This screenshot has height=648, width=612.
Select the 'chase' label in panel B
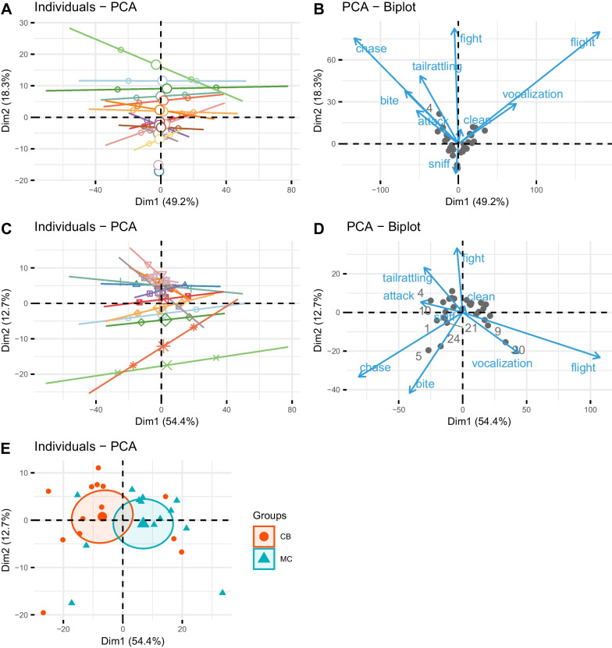tap(372, 49)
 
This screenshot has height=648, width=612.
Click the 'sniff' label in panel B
tap(439, 164)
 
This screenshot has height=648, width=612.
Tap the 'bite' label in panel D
tap(425, 384)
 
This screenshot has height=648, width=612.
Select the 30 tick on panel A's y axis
tap(23, 23)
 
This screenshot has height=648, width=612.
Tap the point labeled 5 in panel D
tap(419, 356)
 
